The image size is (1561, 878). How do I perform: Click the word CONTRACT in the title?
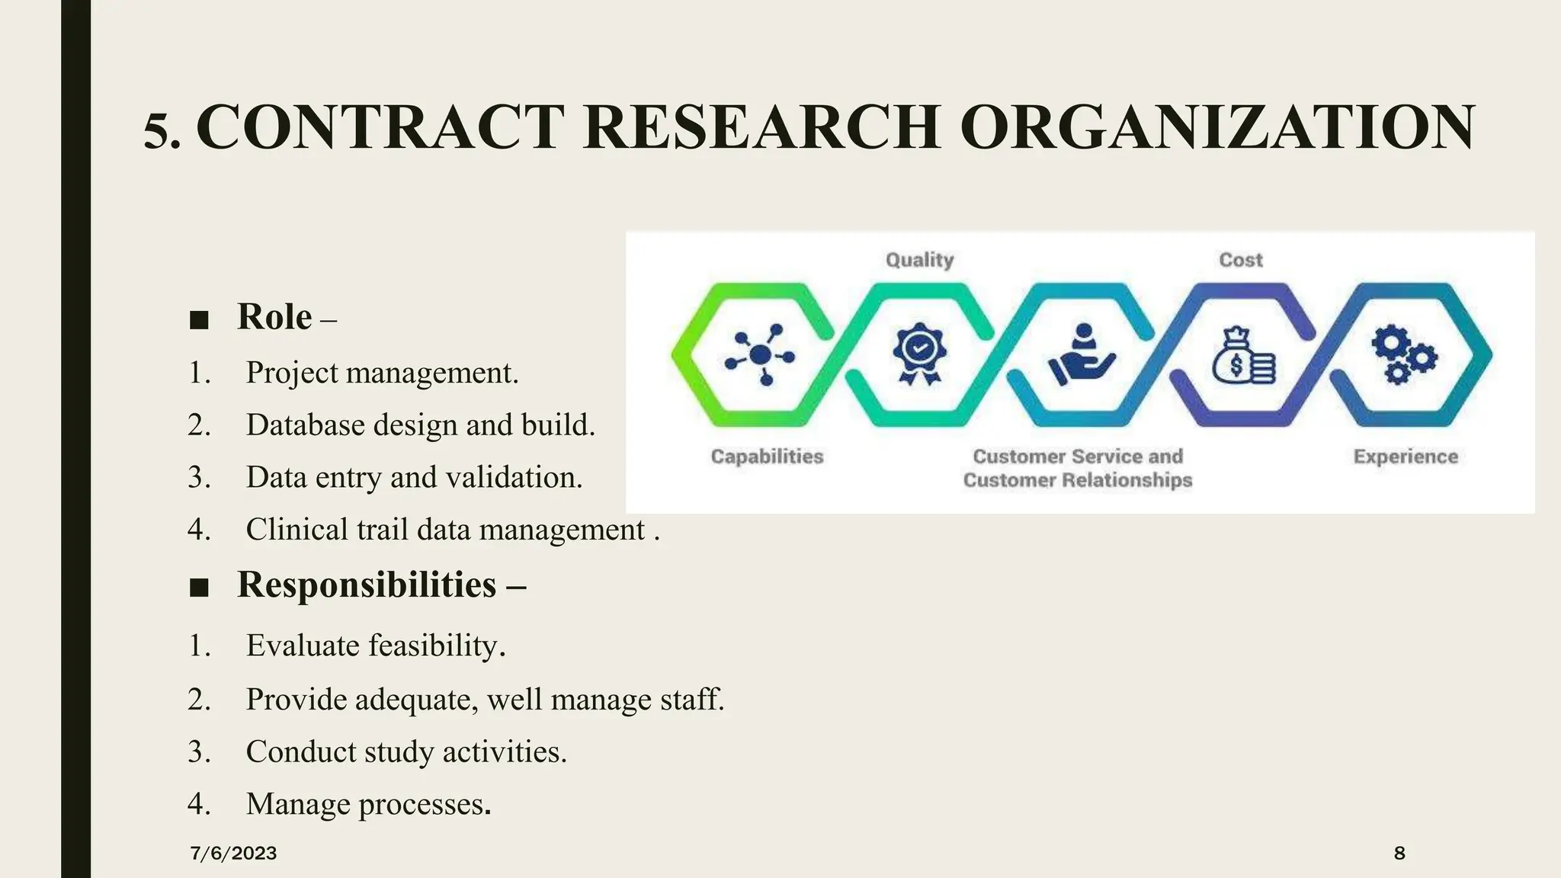click(x=380, y=127)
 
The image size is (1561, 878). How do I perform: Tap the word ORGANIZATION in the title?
click(x=1217, y=127)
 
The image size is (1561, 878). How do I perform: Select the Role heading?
click(x=274, y=317)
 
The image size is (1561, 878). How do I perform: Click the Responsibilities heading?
click(x=367, y=585)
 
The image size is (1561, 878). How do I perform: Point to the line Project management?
click(x=382, y=373)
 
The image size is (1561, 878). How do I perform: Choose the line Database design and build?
click(x=420, y=425)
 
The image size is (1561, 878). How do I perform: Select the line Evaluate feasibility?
click(x=376, y=646)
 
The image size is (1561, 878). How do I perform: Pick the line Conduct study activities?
click(x=406, y=752)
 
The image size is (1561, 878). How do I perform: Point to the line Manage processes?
click(x=368, y=805)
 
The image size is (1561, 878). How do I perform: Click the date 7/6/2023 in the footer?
click(x=233, y=854)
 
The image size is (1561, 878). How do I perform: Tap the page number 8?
click(x=1399, y=854)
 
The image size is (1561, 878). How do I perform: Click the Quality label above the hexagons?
click(x=919, y=261)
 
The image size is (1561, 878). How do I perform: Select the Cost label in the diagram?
click(x=1241, y=261)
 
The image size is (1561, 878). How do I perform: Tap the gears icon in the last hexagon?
click(x=1403, y=354)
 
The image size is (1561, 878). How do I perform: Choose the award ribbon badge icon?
click(x=919, y=354)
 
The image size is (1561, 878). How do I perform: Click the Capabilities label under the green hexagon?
click(x=767, y=457)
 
